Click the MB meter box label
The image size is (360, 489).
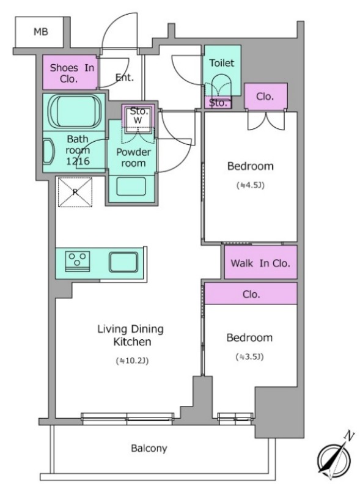point(41,32)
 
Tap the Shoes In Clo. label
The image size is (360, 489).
point(72,73)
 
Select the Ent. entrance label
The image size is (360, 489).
point(125,78)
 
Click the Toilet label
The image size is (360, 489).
point(221,63)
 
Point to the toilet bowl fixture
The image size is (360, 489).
point(221,85)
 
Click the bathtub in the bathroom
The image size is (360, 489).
point(75,112)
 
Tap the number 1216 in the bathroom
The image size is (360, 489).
point(78,161)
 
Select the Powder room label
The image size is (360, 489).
point(133,158)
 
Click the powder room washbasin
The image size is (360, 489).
point(131,186)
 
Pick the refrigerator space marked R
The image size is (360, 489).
point(75,192)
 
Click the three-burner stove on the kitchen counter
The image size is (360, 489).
point(78,261)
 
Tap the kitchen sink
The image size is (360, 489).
point(123,262)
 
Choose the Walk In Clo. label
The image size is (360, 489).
point(260,263)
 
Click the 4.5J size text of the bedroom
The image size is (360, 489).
point(251,186)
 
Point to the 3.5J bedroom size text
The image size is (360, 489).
point(249,356)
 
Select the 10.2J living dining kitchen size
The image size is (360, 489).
point(132,361)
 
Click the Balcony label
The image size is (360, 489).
point(149,449)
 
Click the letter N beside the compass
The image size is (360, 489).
point(350,436)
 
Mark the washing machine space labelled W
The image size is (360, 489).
point(138,120)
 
